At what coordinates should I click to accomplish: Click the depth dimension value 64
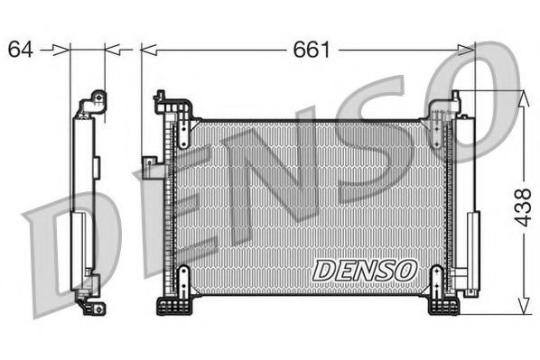coord(22,50)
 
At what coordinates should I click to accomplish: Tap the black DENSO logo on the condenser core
coord(364,269)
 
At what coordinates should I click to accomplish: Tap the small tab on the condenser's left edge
coord(148,162)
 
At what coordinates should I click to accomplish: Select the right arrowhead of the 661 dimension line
coord(469,50)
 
